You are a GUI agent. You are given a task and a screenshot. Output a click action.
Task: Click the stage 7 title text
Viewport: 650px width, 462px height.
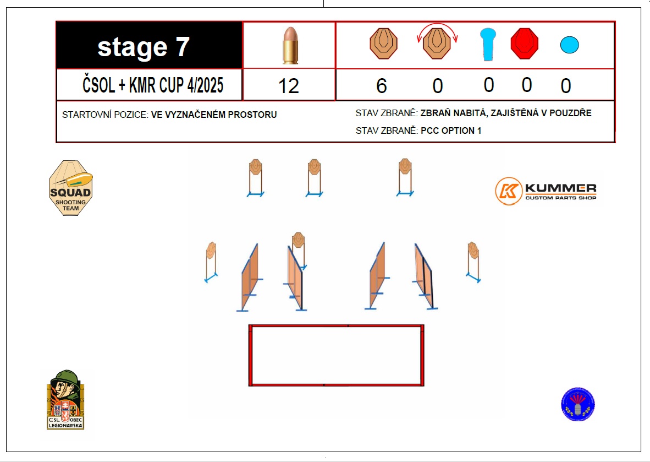click(144, 47)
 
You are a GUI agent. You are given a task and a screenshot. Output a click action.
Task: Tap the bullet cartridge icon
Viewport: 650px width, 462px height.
click(290, 45)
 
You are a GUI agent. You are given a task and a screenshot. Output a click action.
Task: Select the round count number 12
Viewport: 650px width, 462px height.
click(289, 86)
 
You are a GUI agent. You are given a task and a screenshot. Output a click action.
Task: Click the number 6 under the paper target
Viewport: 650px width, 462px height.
click(382, 86)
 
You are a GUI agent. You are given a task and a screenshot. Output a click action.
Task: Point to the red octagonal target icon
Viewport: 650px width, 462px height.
click(525, 44)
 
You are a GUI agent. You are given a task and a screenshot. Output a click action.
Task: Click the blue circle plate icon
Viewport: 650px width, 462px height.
click(570, 45)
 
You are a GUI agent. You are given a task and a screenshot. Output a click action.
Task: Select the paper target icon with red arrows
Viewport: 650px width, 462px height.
click(437, 43)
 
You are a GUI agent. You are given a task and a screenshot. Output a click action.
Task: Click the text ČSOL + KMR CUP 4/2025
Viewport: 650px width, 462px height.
click(153, 85)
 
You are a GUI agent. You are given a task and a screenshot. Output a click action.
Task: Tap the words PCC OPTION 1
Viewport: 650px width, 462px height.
click(451, 131)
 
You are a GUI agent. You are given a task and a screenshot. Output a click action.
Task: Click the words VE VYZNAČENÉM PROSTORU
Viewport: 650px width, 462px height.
click(214, 115)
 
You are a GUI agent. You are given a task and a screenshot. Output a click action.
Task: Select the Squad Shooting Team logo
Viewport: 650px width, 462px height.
click(70, 188)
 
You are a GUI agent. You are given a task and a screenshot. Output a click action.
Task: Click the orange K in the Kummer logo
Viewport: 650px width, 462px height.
click(509, 191)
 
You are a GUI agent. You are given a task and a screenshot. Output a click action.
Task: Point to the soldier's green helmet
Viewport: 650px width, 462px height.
click(65, 378)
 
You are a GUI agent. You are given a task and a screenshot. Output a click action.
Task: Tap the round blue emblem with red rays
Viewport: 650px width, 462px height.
click(578, 404)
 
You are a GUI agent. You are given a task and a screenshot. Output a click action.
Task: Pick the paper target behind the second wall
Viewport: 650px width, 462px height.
click(299, 241)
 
